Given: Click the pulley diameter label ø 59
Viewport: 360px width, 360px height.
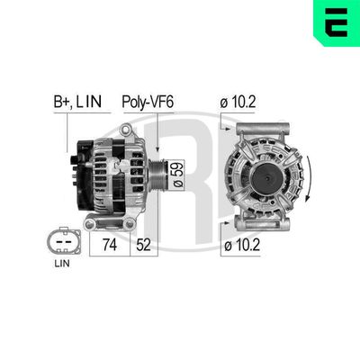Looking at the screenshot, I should pyautogui.click(x=177, y=169).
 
